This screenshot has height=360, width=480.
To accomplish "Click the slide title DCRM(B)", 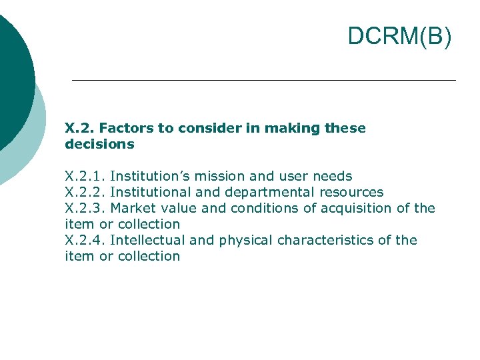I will [x=399, y=37].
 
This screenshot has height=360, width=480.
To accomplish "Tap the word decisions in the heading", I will [x=99, y=144].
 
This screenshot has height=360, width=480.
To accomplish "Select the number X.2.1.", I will [x=85, y=177].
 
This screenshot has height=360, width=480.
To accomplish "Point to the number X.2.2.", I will [x=85, y=193].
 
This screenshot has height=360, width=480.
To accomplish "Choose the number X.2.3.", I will [x=85, y=209].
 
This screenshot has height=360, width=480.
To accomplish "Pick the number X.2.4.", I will [x=85, y=241].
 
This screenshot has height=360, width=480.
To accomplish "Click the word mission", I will [x=219, y=177].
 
